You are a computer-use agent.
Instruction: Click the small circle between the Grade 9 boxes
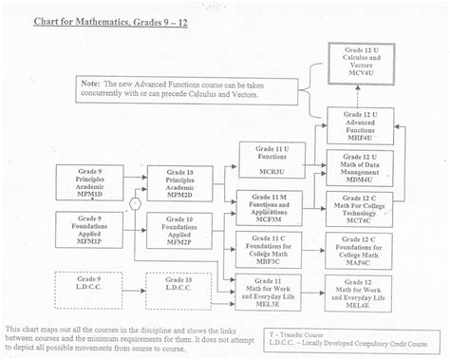coord(136,203)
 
